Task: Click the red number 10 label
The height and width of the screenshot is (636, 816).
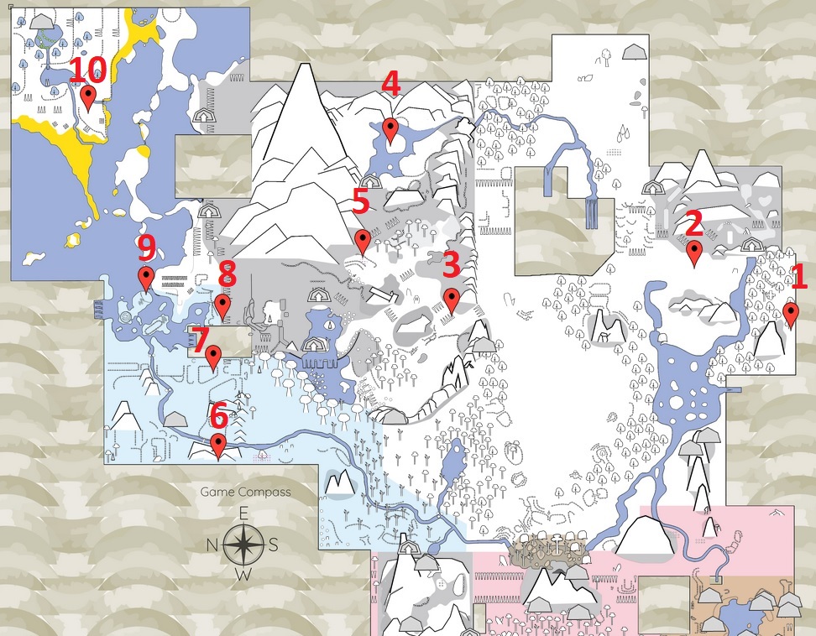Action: click(87, 69)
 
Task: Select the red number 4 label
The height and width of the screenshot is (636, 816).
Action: click(391, 84)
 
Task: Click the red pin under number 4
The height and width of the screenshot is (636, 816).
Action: click(390, 131)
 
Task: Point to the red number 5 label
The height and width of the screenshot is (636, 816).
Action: click(361, 201)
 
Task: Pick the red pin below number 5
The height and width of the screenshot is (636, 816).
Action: click(362, 242)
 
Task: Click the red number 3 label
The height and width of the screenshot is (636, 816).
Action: click(451, 264)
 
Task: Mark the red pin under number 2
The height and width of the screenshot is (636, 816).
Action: click(693, 254)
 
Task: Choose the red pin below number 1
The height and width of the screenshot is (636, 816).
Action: click(791, 315)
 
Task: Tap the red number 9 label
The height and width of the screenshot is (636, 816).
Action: click(146, 248)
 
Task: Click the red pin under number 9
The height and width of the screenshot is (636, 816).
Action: click(146, 279)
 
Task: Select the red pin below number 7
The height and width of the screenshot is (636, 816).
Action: click(213, 358)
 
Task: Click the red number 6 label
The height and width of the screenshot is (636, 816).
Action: click(219, 415)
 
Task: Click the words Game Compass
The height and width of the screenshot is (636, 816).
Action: click(246, 492)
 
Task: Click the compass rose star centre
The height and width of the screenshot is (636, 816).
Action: click(243, 545)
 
